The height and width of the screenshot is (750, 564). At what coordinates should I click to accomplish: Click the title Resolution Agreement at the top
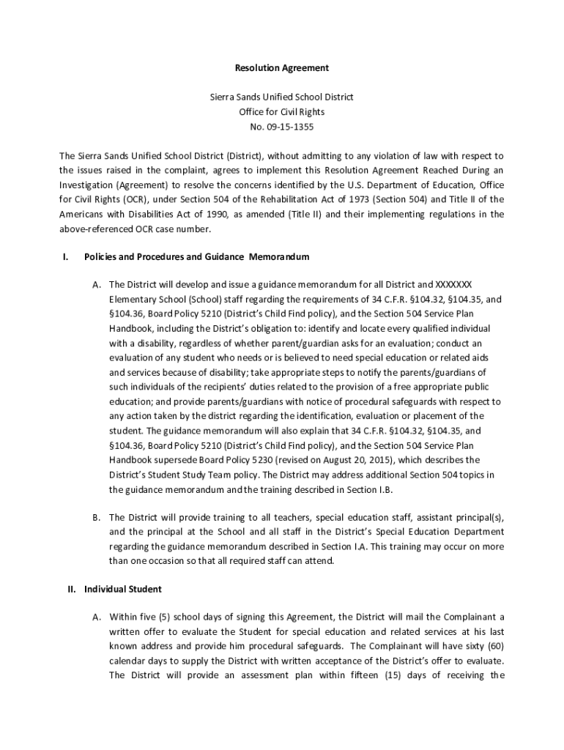coord(281,68)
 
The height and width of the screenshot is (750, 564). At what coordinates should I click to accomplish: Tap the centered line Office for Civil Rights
coord(281,112)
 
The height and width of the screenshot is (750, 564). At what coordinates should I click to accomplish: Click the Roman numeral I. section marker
coord(65,257)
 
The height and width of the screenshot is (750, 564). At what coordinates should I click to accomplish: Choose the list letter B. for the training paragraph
coord(96,517)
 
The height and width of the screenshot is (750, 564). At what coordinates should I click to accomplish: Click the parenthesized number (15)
coord(398,675)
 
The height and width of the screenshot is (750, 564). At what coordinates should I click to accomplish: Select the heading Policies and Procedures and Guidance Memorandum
coord(197,257)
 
